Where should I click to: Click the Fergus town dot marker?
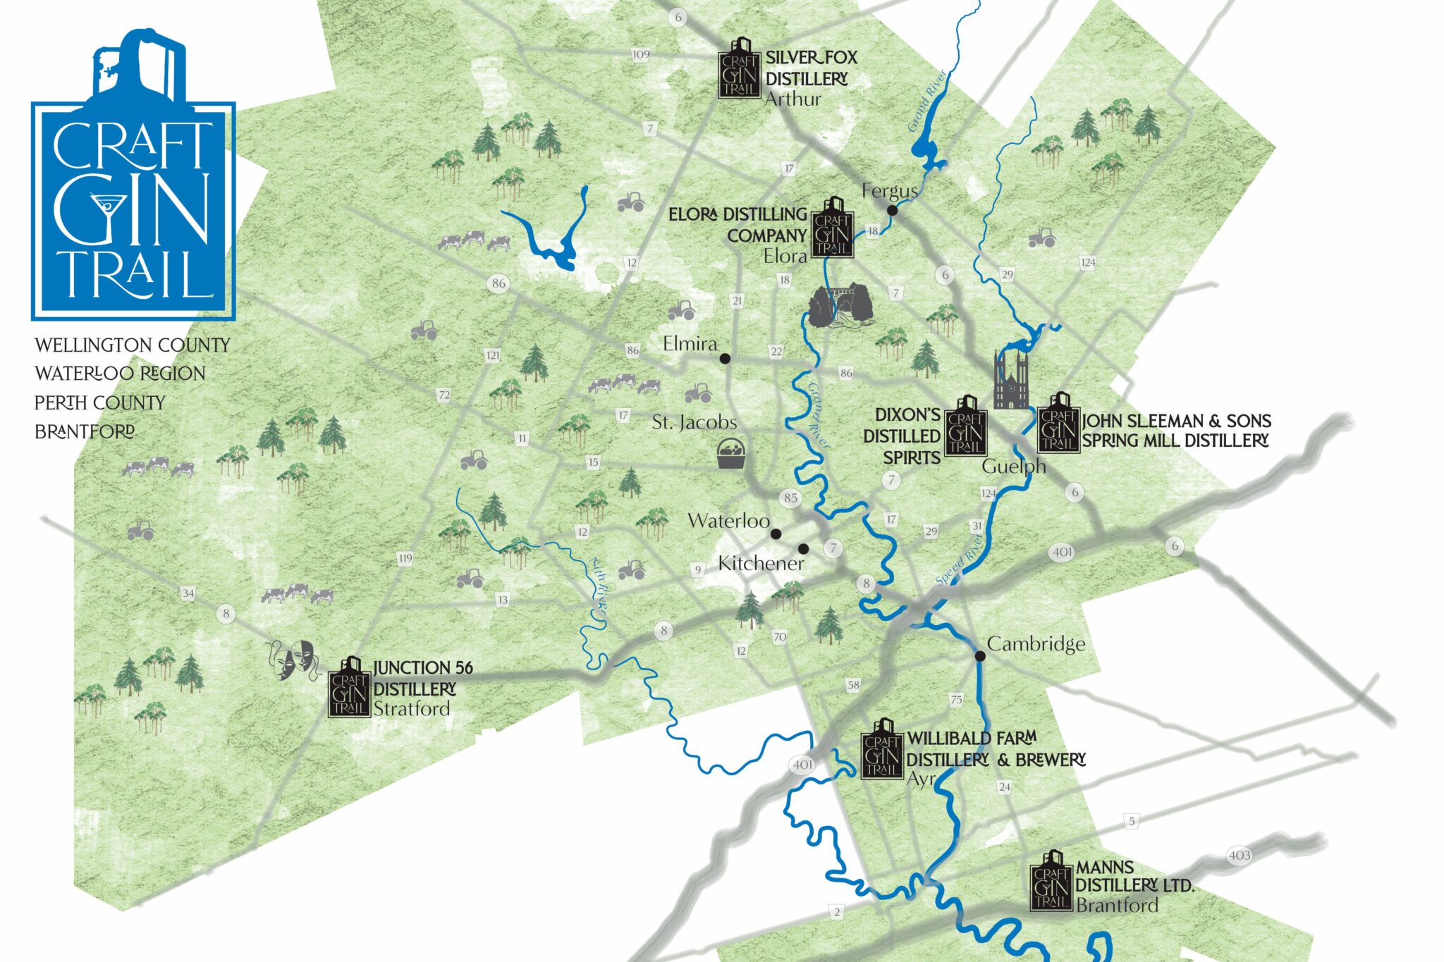(892, 210)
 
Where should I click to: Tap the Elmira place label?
(690, 344)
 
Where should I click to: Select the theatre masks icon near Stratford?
(293, 660)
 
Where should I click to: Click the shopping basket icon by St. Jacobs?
(731, 455)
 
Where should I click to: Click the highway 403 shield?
(1240, 856)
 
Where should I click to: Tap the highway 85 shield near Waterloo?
(790, 498)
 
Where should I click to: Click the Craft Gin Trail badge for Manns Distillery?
(1051, 882)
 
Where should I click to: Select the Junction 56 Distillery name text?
(422, 678)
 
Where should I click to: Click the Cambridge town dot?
(980, 656)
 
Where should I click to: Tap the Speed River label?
(960, 559)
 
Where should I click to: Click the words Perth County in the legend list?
(100, 403)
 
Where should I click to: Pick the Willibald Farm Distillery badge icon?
(881, 750)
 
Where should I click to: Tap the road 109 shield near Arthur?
(641, 55)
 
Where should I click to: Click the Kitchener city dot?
(803, 549)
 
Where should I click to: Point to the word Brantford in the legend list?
(85, 431)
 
